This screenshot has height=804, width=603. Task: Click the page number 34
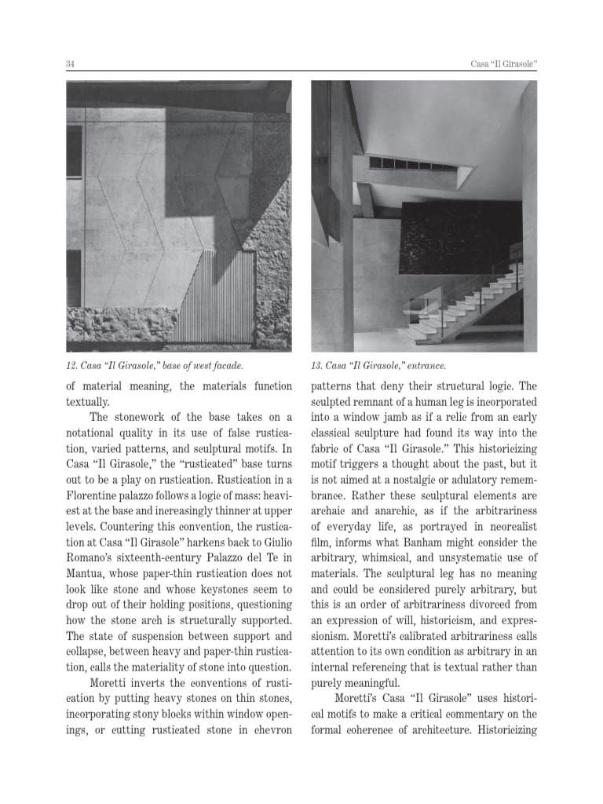[71, 63]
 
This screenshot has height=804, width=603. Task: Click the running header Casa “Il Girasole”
[497, 63]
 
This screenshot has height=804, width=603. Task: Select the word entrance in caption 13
[427, 366]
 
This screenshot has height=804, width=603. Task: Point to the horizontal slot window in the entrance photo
[415, 164]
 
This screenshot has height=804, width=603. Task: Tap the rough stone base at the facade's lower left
[118, 325]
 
